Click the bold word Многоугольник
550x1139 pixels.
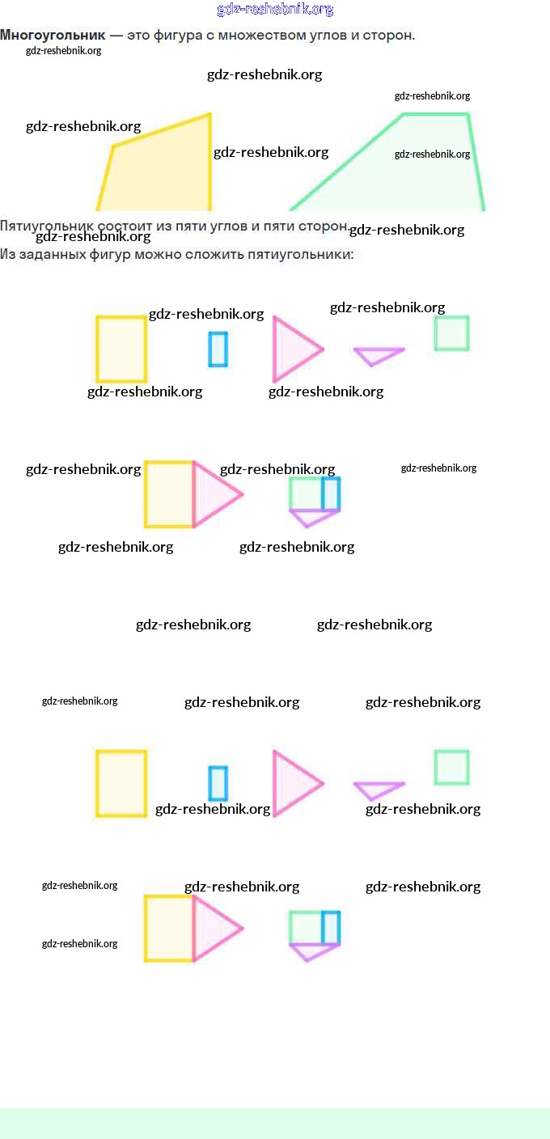tap(53, 36)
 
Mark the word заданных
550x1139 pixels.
tap(50, 254)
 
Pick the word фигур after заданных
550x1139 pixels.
tap(111, 254)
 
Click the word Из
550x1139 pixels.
tap(7, 254)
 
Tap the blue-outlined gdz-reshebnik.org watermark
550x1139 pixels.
tap(275, 10)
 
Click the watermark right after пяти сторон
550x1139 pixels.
tap(407, 230)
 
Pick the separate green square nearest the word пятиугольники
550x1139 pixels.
tap(451, 332)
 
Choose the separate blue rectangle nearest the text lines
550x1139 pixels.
tap(218, 349)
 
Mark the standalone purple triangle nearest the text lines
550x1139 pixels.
tap(378, 354)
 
